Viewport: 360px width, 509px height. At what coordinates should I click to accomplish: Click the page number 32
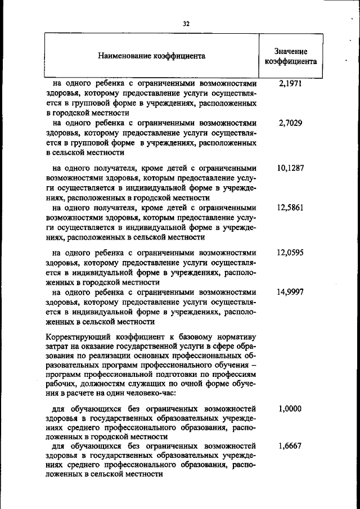click(x=186, y=24)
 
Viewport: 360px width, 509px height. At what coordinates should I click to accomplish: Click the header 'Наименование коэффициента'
click(x=151, y=56)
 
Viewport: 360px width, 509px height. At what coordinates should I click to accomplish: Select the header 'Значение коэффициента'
click(x=291, y=56)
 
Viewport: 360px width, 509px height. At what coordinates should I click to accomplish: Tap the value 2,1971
click(x=290, y=83)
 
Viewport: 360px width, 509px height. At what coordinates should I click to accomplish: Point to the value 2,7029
click(x=290, y=123)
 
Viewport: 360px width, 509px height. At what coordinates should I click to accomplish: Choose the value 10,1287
click(x=290, y=168)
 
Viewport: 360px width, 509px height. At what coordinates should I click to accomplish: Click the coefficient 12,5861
click(x=290, y=208)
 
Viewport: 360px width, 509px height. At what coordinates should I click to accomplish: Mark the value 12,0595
click(x=290, y=253)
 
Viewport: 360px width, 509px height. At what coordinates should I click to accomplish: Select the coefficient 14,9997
click(x=290, y=292)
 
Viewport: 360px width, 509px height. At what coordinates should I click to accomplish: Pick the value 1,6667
click(x=290, y=444)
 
